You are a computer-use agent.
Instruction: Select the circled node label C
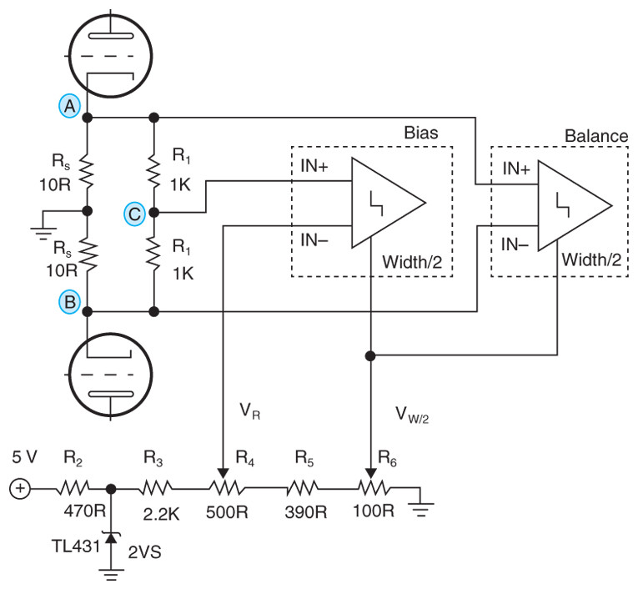pos(134,214)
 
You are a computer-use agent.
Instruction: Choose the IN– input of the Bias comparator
pos(315,241)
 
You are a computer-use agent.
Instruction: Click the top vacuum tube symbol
pos(112,49)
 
